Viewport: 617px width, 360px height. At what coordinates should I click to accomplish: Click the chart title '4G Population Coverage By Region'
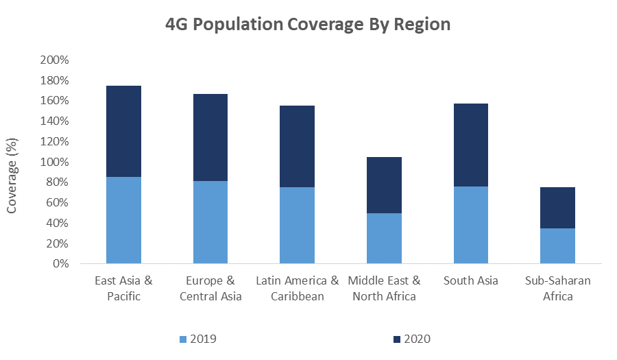point(308,25)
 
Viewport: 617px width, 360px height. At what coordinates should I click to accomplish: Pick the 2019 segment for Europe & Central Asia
point(210,222)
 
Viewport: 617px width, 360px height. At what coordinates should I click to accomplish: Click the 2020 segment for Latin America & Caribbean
point(297,146)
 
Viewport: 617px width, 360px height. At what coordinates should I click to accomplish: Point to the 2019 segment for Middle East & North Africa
point(384,238)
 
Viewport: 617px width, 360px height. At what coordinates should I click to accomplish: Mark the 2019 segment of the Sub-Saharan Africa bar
point(557,245)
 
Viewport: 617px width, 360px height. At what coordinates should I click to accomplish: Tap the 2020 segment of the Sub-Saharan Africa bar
point(557,208)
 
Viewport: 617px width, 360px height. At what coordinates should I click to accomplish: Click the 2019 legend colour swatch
point(182,339)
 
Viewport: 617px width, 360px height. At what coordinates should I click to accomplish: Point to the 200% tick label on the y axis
point(55,60)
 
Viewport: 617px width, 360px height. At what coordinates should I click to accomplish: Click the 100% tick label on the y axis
point(55,162)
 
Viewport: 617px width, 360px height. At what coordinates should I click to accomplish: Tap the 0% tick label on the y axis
point(60,264)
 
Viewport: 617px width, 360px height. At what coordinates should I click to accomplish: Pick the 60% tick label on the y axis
point(58,203)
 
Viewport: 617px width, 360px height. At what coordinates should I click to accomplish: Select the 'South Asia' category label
point(470,281)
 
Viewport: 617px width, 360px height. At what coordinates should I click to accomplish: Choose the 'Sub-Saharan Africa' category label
point(557,289)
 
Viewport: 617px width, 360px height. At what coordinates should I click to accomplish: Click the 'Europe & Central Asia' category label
point(210,289)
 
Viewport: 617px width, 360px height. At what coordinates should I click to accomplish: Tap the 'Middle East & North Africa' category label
point(384,289)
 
